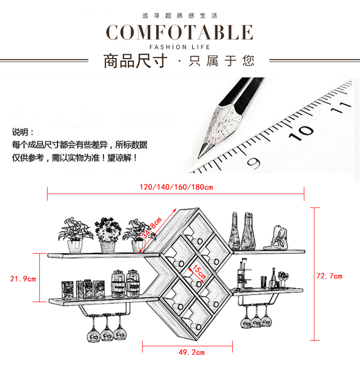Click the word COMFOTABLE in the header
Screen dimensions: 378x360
180,32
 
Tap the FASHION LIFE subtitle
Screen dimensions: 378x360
180,47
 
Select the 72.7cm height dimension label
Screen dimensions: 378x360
329,276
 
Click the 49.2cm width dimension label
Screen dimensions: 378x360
192,352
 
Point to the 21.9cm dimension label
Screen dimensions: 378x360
23,278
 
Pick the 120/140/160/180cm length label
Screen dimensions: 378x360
176,187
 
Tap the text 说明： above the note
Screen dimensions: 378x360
23,132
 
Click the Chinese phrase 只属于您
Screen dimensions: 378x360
222,61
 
